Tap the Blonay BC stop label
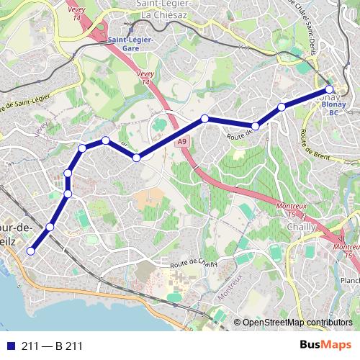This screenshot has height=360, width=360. click(333, 108)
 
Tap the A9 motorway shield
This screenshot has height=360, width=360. click(182, 143)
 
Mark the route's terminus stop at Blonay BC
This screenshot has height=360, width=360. click(330, 90)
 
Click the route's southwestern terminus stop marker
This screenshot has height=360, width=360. click(30, 251)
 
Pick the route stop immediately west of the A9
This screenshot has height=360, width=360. click(136, 157)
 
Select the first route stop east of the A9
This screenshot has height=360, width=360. click(205, 118)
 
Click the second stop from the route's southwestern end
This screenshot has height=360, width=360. click(50, 228)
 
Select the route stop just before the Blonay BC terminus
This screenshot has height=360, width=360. click(282, 107)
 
